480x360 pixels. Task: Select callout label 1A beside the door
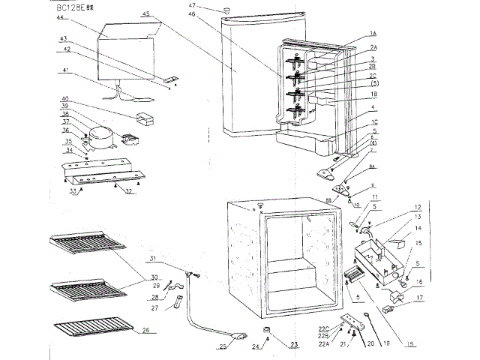pyautogui.click(x=373, y=34)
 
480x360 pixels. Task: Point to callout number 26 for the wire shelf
pyautogui.click(x=145, y=330)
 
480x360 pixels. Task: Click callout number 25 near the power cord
pyautogui.click(x=223, y=346)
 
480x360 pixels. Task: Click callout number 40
pyautogui.click(x=65, y=99)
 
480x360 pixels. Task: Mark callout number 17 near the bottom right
pyautogui.click(x=419, y=297)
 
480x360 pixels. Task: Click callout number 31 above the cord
pyautogui.click(x=152, y=259)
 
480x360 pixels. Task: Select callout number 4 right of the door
pyautogui.click(x=372, y=108)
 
